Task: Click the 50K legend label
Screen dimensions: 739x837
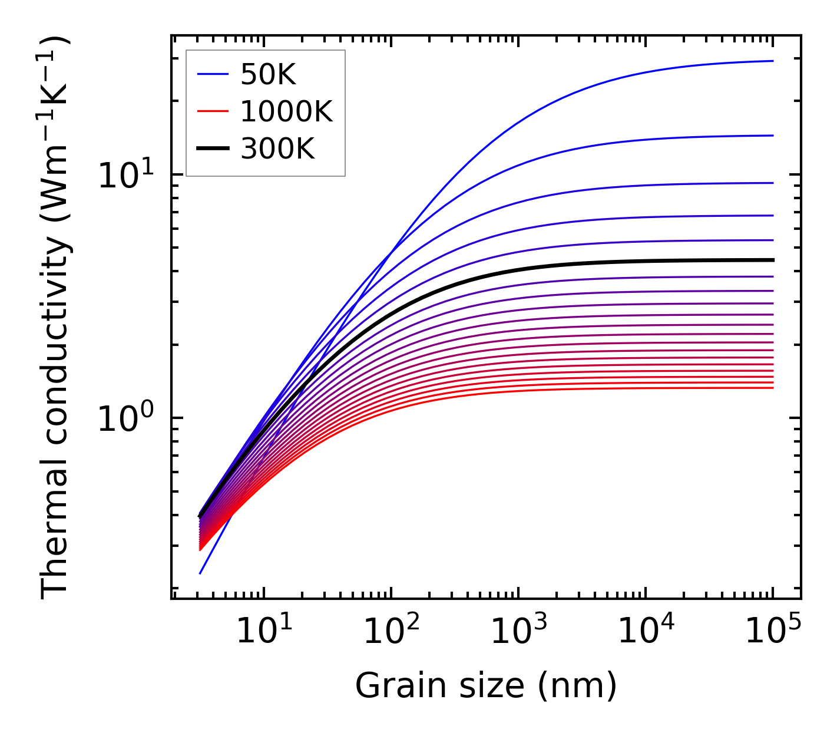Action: click(268, 75)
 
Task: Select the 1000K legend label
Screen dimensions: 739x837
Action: click(286, 111)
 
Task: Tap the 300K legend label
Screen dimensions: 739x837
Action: click(277, 149)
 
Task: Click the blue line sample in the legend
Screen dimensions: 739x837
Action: click(213, 75)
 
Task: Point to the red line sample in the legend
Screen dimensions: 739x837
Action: click(213, 111)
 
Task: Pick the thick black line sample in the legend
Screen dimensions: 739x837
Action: click(213, 149)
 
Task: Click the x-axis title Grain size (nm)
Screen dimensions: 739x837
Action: click(486, 686)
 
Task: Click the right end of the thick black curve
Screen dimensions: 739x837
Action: click(772, 260)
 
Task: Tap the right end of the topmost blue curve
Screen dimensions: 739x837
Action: click(772, 61)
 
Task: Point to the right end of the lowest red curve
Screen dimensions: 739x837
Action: click(772, 387)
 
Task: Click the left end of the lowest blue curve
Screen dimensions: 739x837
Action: click(200, 573)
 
